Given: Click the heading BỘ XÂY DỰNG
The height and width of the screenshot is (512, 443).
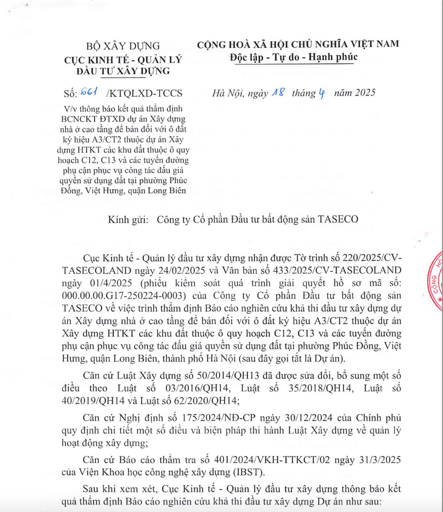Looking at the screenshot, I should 123,46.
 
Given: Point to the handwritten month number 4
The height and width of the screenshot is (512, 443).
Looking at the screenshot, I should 322,93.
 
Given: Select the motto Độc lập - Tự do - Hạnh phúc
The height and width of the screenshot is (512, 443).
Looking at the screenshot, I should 293,57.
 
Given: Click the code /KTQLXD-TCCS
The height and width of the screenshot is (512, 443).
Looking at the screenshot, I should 144,93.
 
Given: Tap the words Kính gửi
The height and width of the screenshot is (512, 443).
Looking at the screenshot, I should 128,219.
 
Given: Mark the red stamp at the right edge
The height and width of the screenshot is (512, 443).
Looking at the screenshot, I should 436,280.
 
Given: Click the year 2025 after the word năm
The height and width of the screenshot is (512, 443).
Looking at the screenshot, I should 363,93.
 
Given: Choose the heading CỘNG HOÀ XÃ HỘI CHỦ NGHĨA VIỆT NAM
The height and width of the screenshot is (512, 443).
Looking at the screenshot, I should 298,44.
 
